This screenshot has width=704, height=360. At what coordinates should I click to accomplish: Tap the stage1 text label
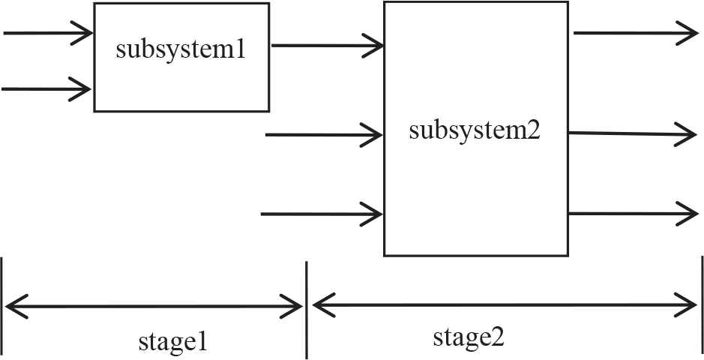pos(172,341)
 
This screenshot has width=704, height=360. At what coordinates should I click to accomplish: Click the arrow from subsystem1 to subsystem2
pos(327,45)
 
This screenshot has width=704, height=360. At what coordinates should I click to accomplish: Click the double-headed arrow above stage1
pos(154,306)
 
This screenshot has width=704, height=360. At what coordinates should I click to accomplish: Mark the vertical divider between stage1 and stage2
pos(307,309)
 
